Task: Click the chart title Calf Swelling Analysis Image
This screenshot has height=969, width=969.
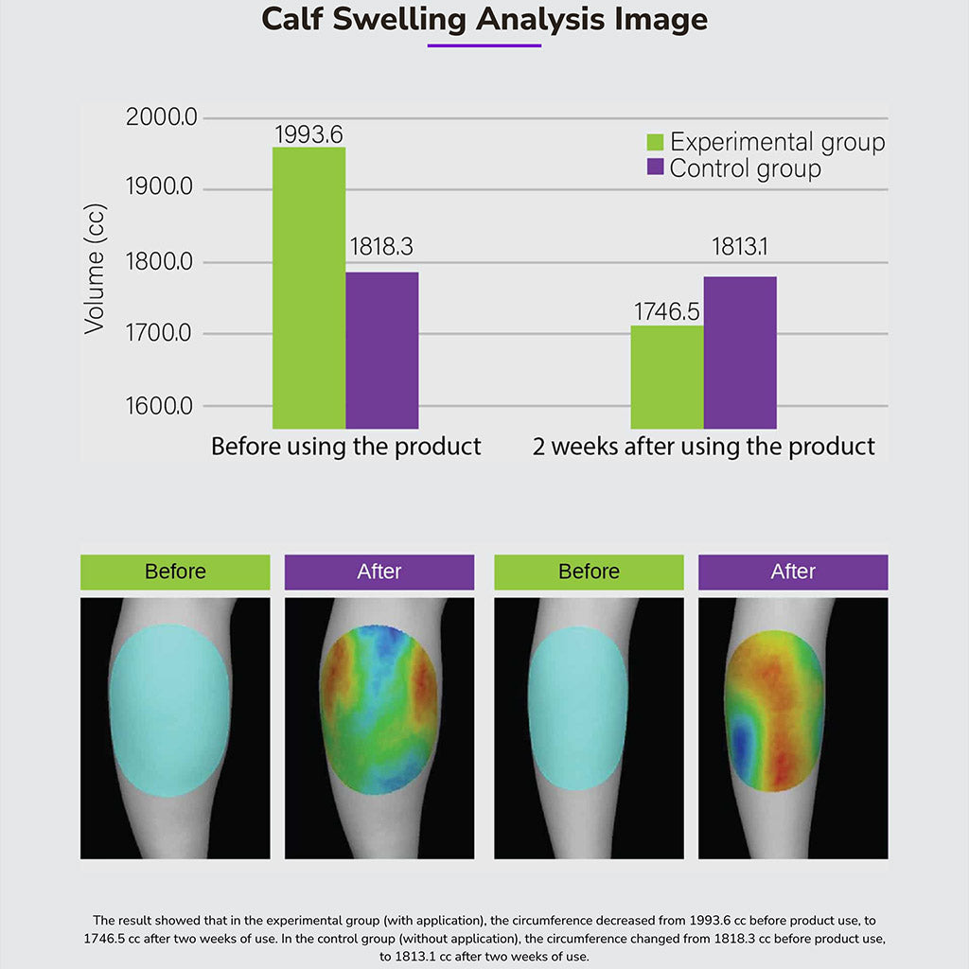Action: [484, 19]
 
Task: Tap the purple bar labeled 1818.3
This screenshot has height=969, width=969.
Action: [381, 350]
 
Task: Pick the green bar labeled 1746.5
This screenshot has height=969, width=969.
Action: [667, 377]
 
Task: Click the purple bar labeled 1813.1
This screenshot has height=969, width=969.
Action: [740, 352]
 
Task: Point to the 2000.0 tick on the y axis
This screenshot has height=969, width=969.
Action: [160, 118]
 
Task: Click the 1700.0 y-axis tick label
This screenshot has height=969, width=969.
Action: [160, 333]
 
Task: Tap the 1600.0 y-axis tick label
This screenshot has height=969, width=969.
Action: [160, 406]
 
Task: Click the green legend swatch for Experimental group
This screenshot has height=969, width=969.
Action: [655, 143]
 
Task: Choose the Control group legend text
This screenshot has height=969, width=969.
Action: [746, 169]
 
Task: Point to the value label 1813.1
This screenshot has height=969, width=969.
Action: [740, 247]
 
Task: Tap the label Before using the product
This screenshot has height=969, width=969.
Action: [345, 447]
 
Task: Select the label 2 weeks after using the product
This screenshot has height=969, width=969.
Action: [703, 447]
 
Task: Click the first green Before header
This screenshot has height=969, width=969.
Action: [175, 572]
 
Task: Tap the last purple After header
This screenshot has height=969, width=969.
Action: [793, 572]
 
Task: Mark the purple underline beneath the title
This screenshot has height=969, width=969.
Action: [484, 45]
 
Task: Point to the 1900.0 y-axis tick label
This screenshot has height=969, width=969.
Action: [160, 188]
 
